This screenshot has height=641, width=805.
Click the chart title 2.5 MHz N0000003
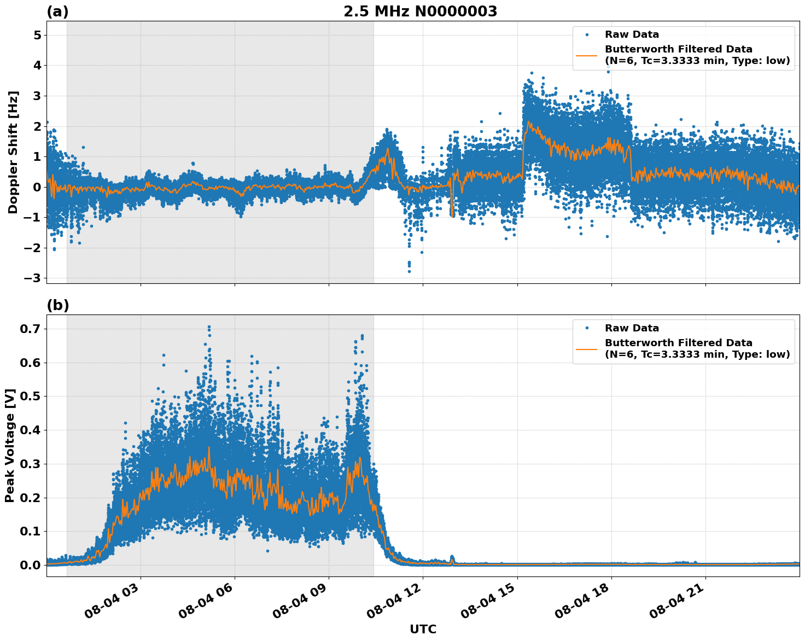(420, 11)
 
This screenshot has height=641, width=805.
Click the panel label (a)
(57, 11)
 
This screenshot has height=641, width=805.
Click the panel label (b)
(57, 305)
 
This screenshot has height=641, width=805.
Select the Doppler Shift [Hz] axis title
(13, 152)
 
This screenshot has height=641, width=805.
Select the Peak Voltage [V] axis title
(10, 445)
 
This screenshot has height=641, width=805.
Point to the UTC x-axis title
(423, 629)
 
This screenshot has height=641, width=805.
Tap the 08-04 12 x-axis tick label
(395, 605)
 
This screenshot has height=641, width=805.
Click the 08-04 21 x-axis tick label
(677, 605)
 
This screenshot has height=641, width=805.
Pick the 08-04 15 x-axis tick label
(489, 605)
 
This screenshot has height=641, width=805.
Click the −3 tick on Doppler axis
(32, 278)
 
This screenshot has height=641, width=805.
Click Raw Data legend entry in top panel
(632, 34)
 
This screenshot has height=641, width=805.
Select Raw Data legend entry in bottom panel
(632, 328)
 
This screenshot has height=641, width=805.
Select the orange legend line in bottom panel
(587, 349)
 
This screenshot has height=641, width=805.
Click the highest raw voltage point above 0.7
(209, 327)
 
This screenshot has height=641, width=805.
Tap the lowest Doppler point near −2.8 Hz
(409, 271)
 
